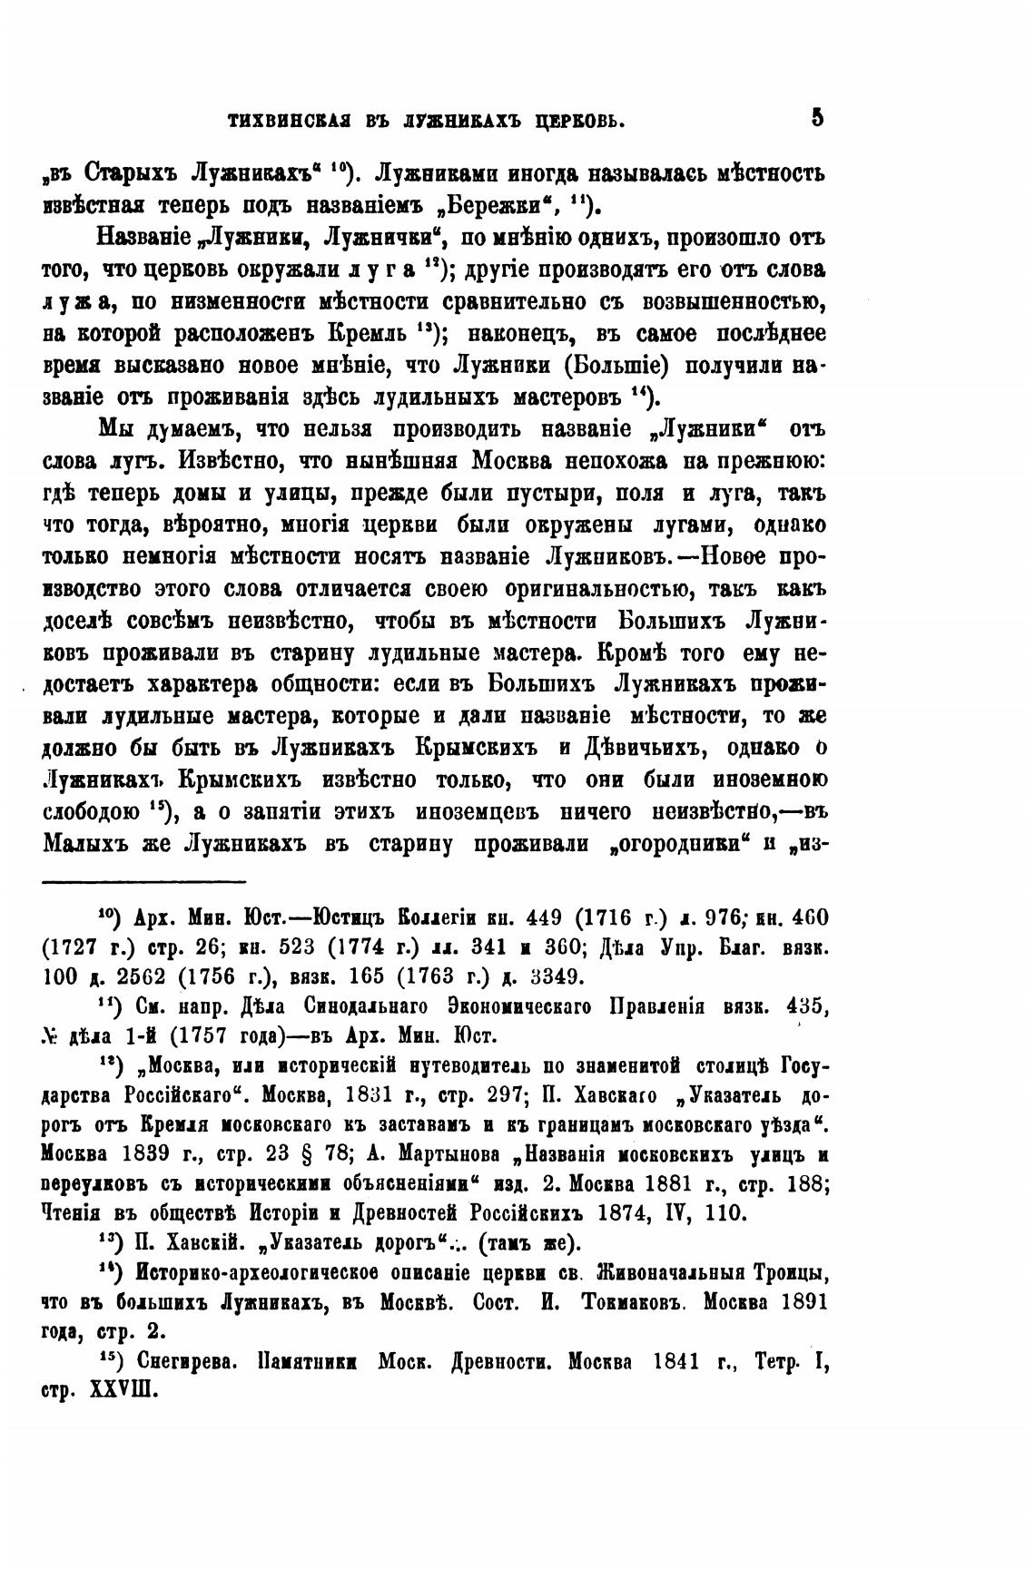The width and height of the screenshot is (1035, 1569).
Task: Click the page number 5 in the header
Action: point(817,117)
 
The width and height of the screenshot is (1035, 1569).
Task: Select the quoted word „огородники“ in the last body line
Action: point(678,843)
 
